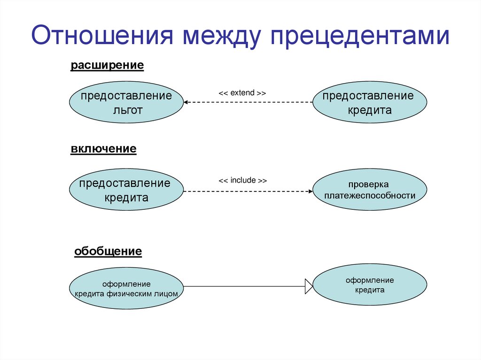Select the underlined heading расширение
click(x=107, y=65)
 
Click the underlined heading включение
click(x=104, y=149)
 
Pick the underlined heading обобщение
click(x=108, y=252)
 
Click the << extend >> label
click(x=242, y=93)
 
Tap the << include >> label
click(x=242, y=180)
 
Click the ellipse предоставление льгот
click(x=126, y=103)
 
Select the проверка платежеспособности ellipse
click(x=370, y=190)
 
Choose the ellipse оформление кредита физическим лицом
click(x=126, y=288)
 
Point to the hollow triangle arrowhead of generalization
click(x=309, y=286)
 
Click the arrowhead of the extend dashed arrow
click(x=186, y=102)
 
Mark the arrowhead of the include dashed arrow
click(x=310, y=191)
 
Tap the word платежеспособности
click(x=370, y=195)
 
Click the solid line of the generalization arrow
click(x=244, y=286)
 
